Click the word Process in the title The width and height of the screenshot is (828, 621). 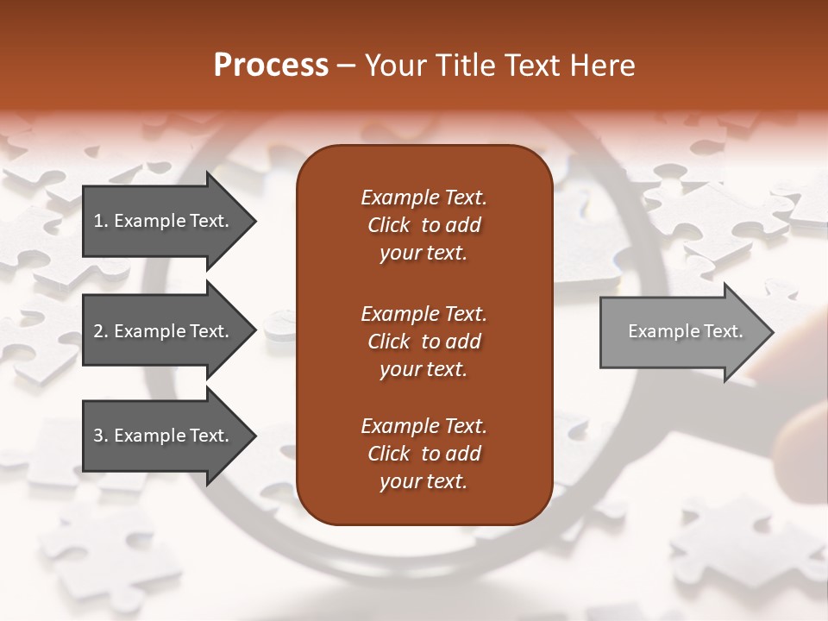(271, 66)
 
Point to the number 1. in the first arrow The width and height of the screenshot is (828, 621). (100, 221)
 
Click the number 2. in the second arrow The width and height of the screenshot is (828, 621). (100, 331)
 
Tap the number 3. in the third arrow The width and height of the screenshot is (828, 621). (100, 436)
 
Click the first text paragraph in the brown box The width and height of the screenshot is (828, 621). (423, 225)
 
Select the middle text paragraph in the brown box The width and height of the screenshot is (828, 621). (423, 341)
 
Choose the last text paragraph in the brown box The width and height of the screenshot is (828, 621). (423, 454)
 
